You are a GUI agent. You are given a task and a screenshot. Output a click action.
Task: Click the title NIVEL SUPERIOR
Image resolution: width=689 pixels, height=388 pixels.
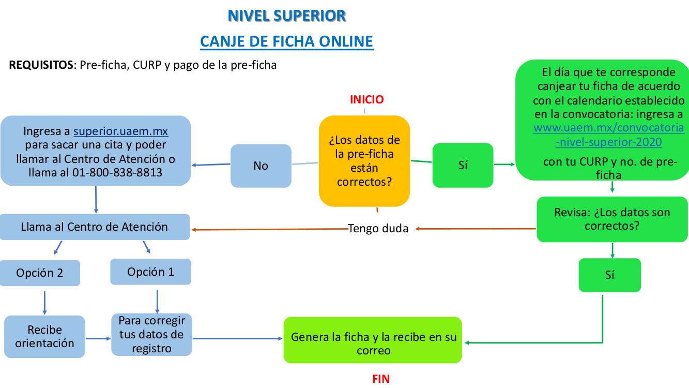click(286, 16)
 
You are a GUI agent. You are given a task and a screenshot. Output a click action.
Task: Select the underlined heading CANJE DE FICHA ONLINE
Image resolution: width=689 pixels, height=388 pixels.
click(286, 41)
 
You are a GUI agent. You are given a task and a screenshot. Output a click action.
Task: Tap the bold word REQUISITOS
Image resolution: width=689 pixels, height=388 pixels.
click(41, 66)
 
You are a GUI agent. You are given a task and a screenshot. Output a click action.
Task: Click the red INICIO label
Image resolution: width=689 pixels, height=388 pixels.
click(367, 99)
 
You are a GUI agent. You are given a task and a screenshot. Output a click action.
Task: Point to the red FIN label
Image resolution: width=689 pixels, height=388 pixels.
click(381, 379)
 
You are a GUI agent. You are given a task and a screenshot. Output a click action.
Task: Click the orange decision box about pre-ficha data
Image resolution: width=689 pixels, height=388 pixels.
click(364, 161)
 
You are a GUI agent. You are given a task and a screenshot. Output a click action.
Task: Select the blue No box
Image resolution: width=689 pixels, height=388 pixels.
click(261, 166)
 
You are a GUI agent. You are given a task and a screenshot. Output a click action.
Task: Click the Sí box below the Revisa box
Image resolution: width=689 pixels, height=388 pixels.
click(610, 275)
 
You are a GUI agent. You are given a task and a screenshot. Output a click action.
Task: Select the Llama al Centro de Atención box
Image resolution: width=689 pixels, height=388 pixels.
click(95, 227)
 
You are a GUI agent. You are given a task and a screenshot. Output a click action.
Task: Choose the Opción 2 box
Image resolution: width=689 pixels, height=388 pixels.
click(40, 273)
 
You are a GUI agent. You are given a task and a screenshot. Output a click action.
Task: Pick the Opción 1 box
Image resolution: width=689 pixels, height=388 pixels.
click(151, 272)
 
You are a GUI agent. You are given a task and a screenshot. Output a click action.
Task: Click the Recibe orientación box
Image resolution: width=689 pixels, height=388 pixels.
click(44, 336)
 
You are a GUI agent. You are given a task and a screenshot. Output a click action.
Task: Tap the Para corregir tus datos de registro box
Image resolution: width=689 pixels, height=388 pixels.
click(151, 334)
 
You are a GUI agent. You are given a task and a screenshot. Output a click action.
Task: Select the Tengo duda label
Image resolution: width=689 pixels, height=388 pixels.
click(378, 229)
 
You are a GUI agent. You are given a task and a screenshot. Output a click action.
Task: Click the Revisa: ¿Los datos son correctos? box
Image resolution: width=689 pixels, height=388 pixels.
click(612, 219)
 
